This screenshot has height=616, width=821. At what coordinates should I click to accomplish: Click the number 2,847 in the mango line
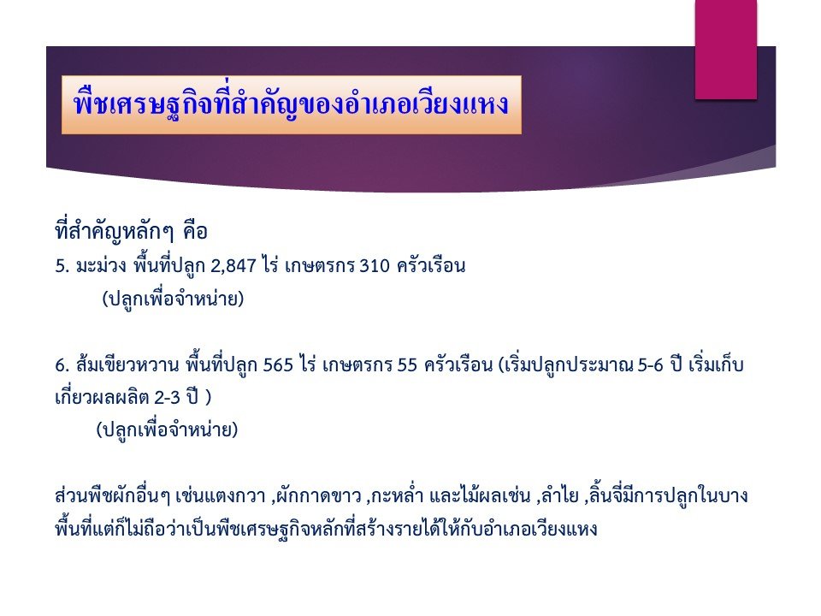tap(233, 266)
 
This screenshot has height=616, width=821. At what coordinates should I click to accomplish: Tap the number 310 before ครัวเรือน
tap(375, 266)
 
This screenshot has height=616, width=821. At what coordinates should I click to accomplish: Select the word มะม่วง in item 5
tap(101, 265)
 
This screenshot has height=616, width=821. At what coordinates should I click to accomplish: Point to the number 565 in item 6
tap(278, 365)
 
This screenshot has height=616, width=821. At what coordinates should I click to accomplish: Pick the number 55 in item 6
tap(407, 365)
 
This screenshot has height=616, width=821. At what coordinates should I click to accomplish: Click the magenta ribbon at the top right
tap(726, 50)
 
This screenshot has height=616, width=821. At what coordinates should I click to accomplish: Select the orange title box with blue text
tap(291, 104)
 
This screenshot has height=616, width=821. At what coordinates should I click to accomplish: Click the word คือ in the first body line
tap(195, 232)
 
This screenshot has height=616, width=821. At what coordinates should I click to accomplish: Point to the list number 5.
tap(62, 266)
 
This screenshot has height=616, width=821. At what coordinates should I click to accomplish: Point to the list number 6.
tap(62, 365)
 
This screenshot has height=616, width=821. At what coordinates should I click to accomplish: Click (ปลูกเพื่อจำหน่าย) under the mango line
tap(174, 299)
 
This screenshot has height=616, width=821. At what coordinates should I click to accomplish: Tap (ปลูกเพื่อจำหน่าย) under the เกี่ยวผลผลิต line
tap(167, 430)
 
